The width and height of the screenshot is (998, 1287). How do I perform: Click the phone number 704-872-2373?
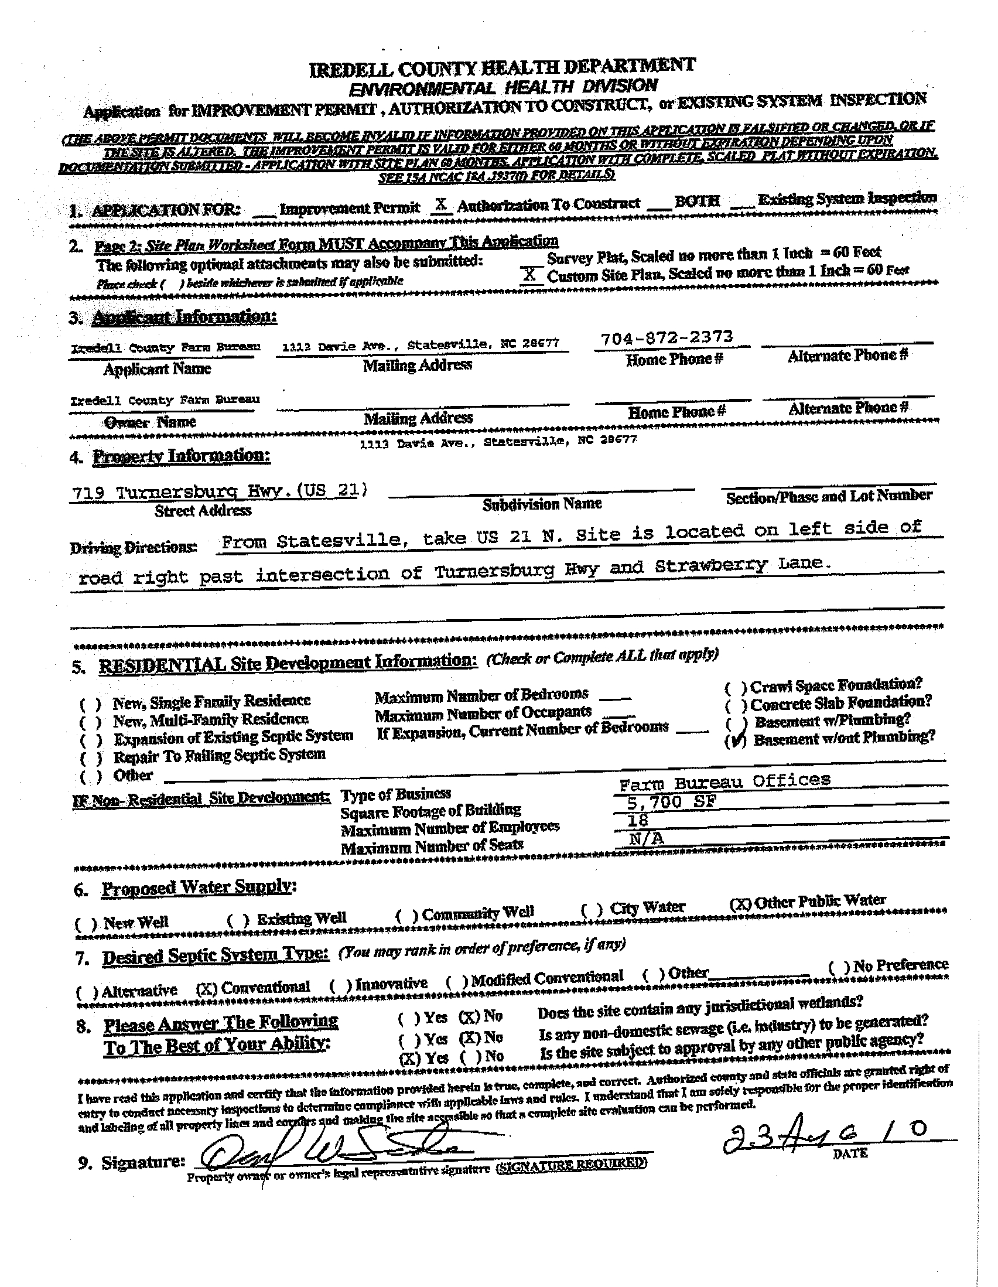[x=667, y=337]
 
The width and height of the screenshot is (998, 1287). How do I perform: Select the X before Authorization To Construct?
[x=440, y=204]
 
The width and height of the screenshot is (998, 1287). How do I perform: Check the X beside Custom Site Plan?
[x=529, y=275]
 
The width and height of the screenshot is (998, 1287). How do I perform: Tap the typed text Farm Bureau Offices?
[x=724, y=782]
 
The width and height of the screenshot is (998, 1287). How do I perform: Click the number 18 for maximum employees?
[x=638, y=820]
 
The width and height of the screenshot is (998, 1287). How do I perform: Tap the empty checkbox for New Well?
[x=86, y=923]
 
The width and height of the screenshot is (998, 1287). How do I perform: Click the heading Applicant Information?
[x=184, y=317]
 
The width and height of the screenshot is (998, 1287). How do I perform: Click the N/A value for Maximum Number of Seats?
[x=645, y=838]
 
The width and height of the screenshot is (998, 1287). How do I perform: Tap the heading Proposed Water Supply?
[x=199, y=887]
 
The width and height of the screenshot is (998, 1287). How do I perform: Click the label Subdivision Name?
[x=542, y=504]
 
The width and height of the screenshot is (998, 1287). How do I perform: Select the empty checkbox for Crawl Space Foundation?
[x=736, y=688]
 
